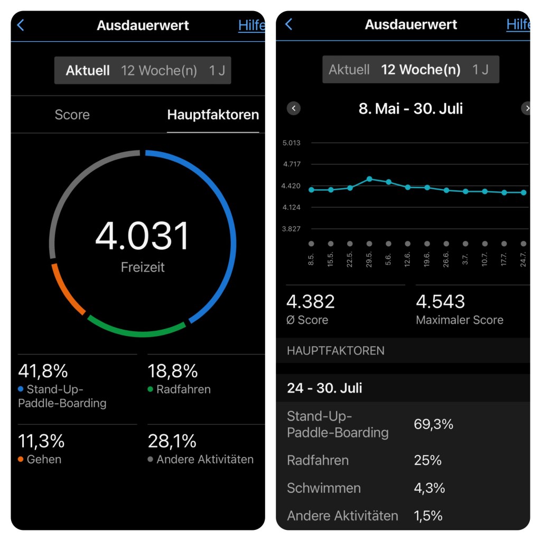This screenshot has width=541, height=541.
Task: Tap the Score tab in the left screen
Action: tap(72, 115)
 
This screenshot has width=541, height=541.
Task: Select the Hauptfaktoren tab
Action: tap(213, 115)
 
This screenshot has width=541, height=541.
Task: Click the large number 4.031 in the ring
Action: tap(142, 236)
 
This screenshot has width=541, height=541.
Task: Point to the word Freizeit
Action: tap(143, 267)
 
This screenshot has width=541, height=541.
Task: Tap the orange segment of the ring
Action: tap(67, 290)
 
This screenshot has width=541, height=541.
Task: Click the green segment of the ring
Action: tap(136, 331)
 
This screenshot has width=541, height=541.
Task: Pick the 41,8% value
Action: tap(43, 371)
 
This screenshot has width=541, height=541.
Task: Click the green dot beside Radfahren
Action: tap(151, 389)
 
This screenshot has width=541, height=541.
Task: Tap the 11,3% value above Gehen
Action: tap(41, 441)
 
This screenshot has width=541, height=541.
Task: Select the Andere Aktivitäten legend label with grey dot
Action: tap(204, 459)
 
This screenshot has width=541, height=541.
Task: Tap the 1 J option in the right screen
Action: tap(480, 69)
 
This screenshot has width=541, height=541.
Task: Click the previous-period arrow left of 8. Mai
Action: tap(294, 108)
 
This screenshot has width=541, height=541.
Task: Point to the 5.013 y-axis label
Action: tap(292, 143)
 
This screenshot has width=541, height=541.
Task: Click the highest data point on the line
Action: tap(369, 179)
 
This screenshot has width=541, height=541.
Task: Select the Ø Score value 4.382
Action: tap(311, 302)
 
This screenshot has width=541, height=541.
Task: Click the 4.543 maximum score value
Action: tap(441, 302)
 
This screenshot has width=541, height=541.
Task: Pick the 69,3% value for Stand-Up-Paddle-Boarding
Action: tap(433, 424)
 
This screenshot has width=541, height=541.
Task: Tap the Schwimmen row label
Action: tap(323, 488)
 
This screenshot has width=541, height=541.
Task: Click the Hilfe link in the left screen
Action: tap(251, 25)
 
